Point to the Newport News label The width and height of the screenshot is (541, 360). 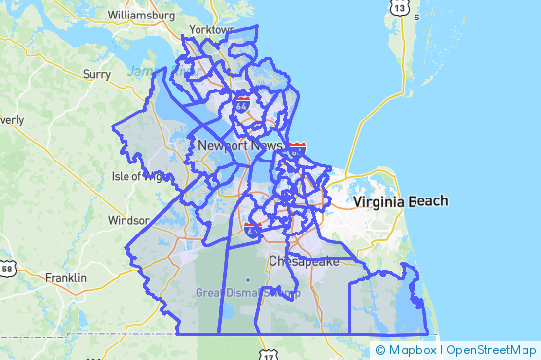tap(239, 145)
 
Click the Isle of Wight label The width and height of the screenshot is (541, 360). tap(140, 176)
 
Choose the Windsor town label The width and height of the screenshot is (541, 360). tap(127, 220)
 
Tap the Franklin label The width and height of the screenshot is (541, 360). tap(65, 277)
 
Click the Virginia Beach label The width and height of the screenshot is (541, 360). tap(401, 201)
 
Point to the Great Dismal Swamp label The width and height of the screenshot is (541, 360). tap(247, 292)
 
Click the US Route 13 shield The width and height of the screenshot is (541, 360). tap(400, 8)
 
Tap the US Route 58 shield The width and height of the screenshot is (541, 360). tap(8, 268)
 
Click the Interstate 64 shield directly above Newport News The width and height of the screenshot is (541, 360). tap(241, 100)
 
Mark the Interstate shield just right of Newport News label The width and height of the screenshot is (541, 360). tap(297, 147)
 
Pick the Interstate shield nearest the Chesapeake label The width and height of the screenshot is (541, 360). tap(252, 227)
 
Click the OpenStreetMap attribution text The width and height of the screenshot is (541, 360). tap(492, 349)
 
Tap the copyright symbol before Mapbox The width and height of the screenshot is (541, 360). tap(379, 349)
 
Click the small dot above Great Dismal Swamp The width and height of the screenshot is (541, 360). tap(247, 280)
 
